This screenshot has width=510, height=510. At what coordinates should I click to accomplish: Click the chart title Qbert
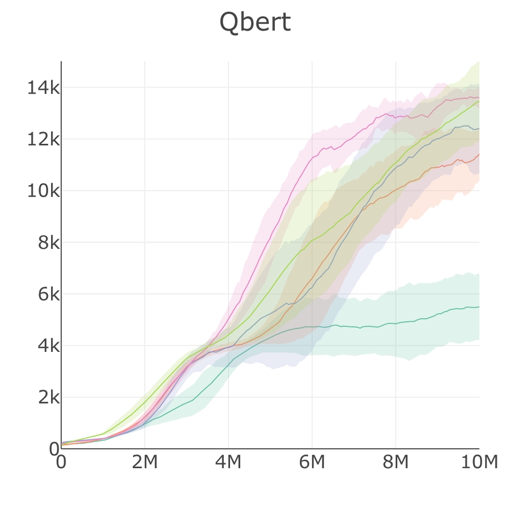(255, 23)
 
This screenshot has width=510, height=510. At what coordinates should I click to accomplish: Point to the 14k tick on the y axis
(43, 88)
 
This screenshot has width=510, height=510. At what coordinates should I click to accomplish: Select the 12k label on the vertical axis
(43, 139)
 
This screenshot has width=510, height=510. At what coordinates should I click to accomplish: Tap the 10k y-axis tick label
(43, 191)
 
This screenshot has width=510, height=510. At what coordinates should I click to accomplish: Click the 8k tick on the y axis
(48, 243)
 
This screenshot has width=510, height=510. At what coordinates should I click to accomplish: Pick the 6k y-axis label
(48, 294)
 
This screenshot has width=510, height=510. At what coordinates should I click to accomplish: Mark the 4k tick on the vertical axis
(48, 346)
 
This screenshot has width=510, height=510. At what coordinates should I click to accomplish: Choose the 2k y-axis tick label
(48, 397)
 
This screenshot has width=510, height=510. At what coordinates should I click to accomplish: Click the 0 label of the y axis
(54, 449)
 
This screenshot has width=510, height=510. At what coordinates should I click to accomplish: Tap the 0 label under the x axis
(61, 462)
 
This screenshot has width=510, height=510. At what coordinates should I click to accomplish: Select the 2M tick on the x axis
(144, 462)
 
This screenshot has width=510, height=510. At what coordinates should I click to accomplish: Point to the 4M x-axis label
(228, 462)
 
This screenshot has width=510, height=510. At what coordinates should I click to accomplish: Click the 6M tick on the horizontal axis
(312, 462)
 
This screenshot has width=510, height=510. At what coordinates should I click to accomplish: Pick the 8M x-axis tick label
(396, 462)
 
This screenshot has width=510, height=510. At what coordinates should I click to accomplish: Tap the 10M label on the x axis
(479, 462)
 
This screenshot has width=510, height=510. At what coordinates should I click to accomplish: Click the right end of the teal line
(479, 307)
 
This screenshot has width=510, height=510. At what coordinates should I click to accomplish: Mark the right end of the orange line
(479, 154)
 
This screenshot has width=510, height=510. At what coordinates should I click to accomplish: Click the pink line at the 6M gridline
(312, 158)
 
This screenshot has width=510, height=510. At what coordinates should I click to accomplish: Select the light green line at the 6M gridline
(312, 241)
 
